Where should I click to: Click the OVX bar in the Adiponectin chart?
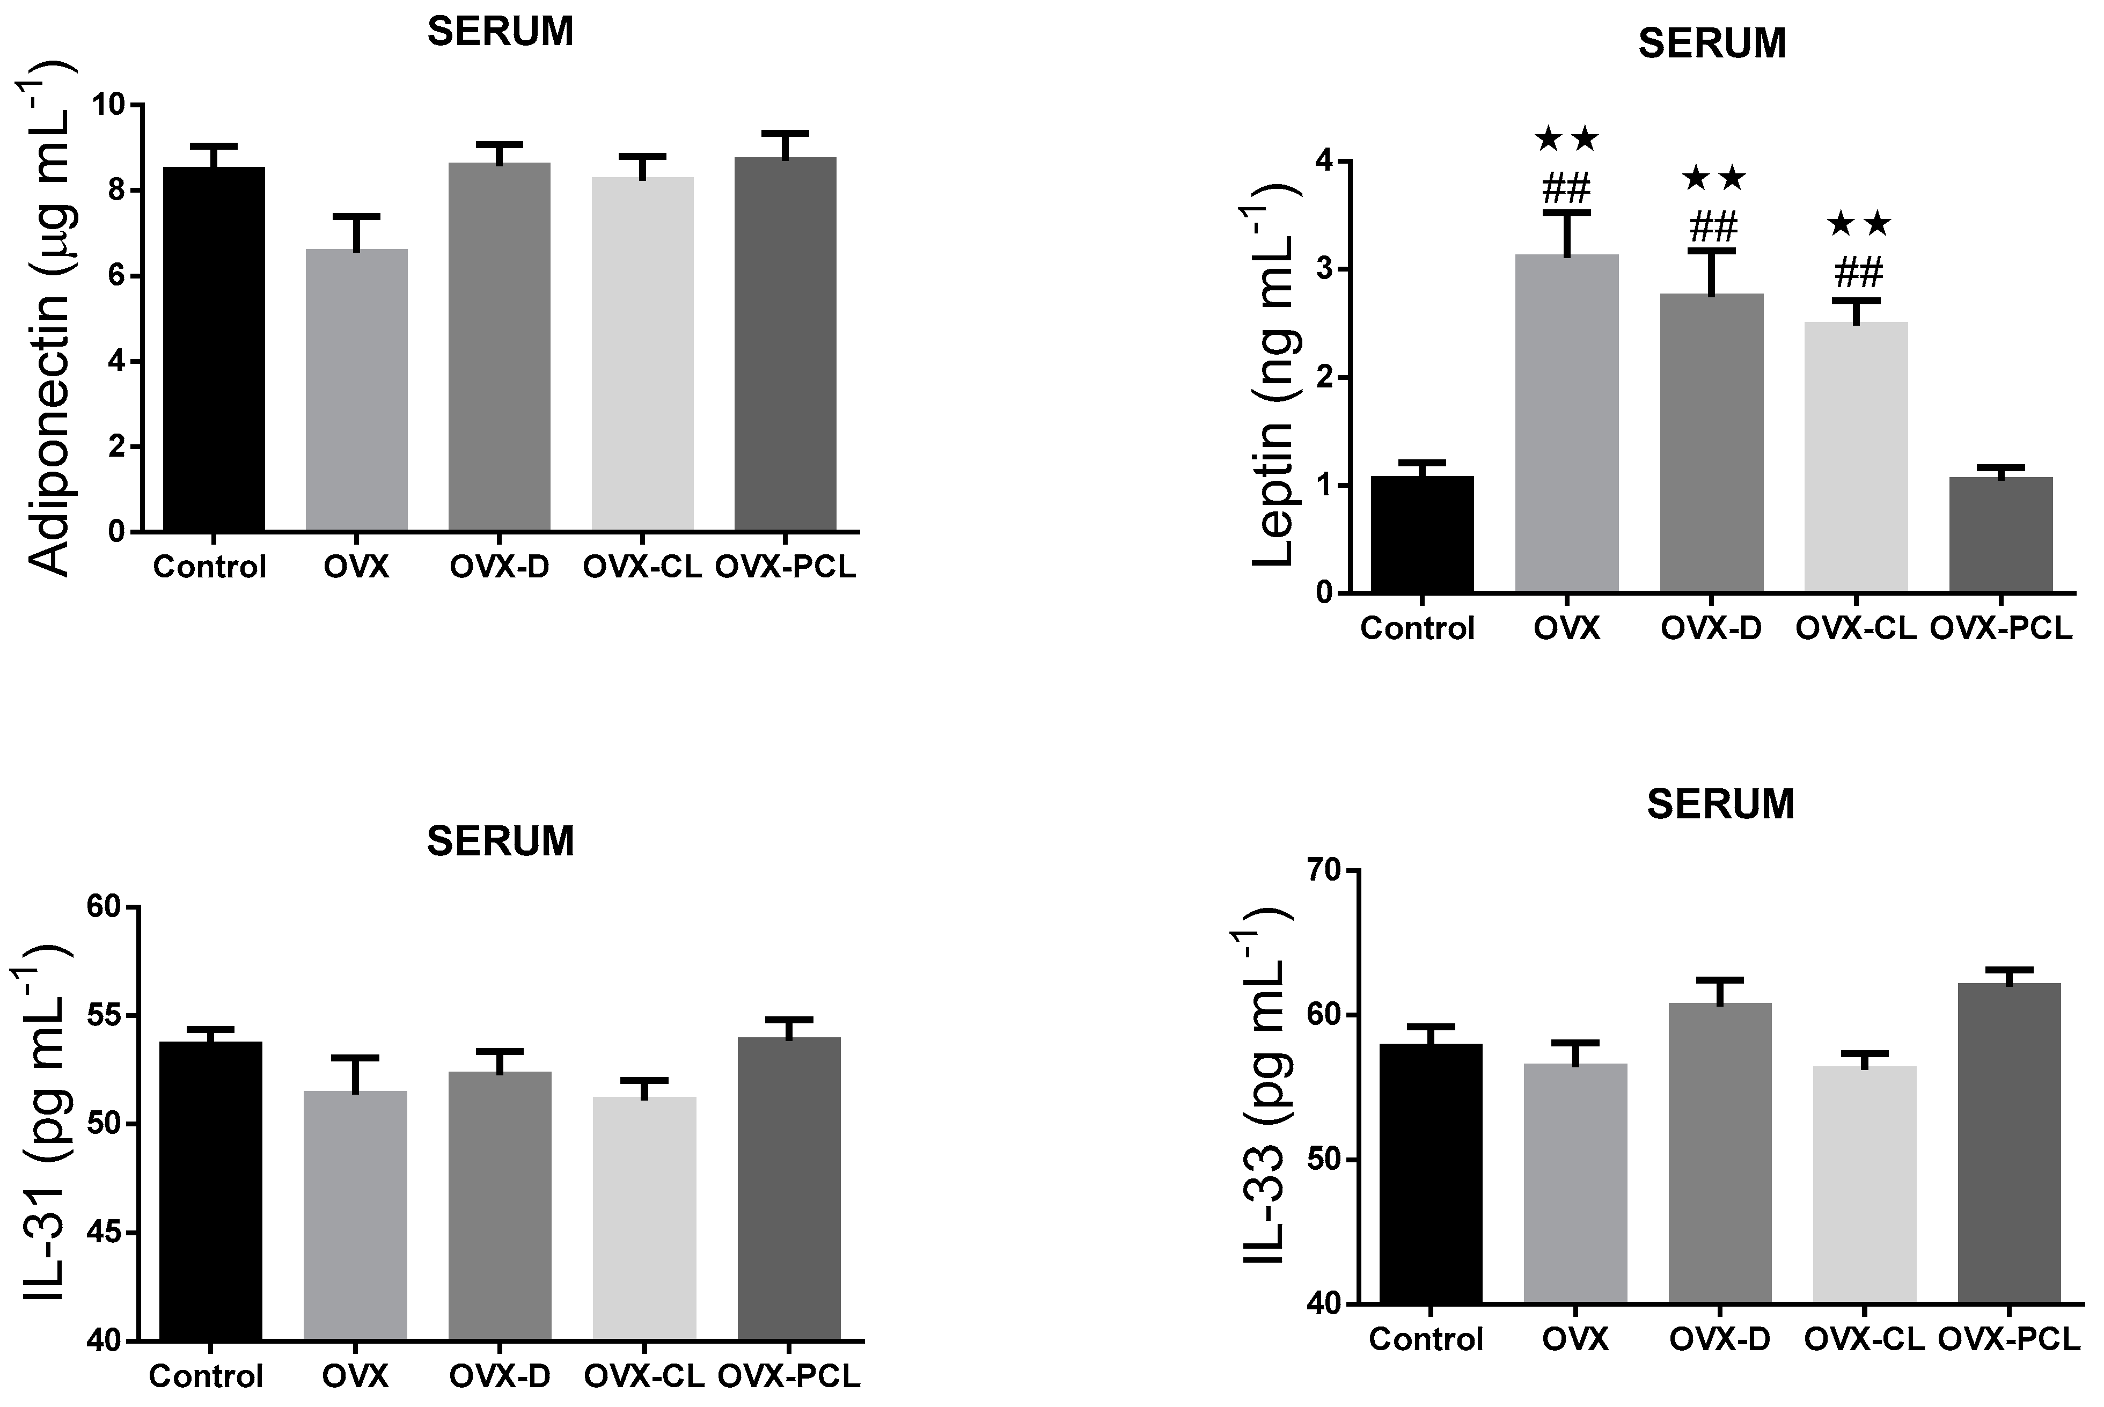(x=356, y=390)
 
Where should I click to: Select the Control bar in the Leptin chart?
(x=1422, y=535)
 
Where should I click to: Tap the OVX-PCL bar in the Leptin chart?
(x=2002, y=535)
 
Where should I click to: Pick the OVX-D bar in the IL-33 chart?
(x=1720, y=1153)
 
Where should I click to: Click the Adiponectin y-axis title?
(x=49, y=319)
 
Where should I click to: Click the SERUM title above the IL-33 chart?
(x=1720, y=804)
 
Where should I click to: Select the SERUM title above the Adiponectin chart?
(x=500, y=32)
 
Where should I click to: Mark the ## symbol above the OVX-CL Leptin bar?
(x=1857, y=272)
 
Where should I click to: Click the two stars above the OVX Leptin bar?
(x=1566, y=139)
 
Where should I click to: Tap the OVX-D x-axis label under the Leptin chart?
(x=1711, y=629)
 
